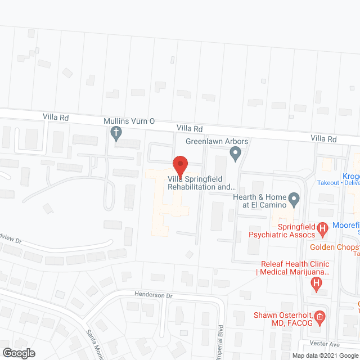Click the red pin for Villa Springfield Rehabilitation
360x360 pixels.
(x=179, y=165)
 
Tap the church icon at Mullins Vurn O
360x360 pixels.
(x=116, y=134)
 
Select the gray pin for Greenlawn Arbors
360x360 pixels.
(x=236, y=152)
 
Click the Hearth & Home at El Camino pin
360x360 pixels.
(x=292, y=199)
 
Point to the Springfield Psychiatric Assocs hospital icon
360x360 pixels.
(x=322, y=228)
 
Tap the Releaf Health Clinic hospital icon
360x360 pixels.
(x=317, y=285)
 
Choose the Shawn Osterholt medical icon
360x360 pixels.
(x=319, y=317)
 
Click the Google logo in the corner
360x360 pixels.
(x=18, y=353)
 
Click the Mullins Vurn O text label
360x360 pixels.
(x=128, y=121)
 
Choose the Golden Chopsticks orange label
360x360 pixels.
(x=335, y=247)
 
